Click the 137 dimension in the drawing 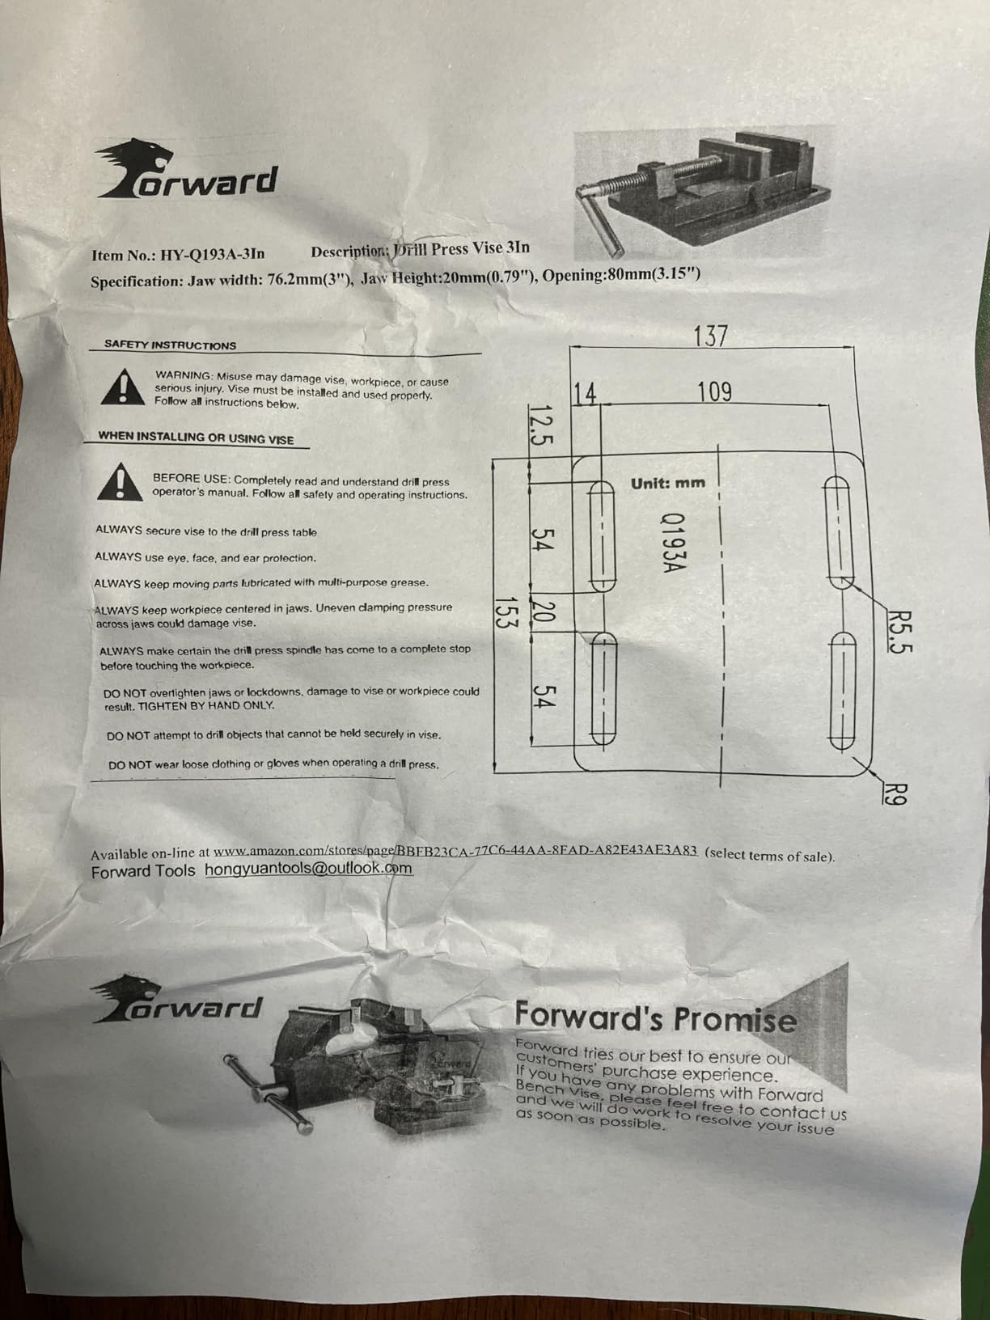point(710,336)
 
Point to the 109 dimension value point(715,392)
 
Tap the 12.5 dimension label point(539,425)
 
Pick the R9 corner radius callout point(895,793)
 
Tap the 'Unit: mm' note point(667,483)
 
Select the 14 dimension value point(585,394)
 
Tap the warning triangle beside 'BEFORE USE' point(121,481)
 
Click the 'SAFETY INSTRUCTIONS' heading point(170,345)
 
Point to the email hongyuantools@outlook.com point(309,869)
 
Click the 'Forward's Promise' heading point(656,1017)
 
